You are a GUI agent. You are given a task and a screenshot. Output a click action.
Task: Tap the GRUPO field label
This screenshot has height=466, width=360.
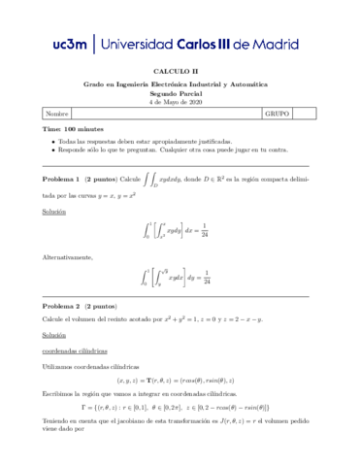point(278,114)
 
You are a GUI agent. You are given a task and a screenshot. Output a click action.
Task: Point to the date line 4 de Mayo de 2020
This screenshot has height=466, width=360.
point(180,101)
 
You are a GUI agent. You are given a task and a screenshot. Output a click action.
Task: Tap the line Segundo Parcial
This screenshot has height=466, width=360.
point(180,93)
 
